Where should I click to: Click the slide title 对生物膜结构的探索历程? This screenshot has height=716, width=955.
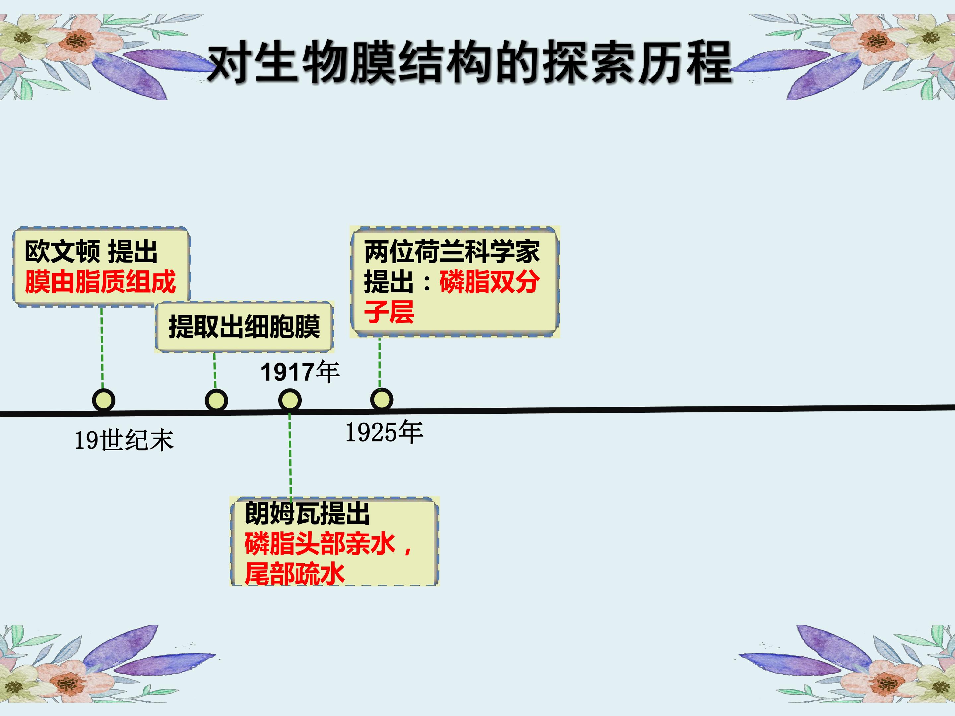click(x=470, y=63)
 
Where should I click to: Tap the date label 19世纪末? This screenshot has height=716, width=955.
click(x=124, y=441)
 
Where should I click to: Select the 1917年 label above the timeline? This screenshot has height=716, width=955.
click(x=300, y=372)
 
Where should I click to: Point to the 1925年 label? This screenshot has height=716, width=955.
click(x=384, y=432)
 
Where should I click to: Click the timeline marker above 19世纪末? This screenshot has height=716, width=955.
click(x=103, y=400)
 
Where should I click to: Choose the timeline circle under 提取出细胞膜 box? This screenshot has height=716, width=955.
click(x=216, y=400)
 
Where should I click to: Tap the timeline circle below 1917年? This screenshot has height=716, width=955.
click(x=290, y=400)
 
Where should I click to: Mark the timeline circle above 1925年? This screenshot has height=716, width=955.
click(x=382, y=399)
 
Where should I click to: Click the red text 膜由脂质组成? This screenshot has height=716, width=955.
click(x=100, y=282)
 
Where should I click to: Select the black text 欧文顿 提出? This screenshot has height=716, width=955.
click(x=91, y=252)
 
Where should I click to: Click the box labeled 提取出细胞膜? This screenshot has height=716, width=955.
click(x=244, y=327)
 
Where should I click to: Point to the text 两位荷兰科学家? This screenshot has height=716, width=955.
click(x=452, y=252)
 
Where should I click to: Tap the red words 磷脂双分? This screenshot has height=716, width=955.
click(x=489, y=282)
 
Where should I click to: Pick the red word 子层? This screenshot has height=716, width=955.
click(x=389, y=312)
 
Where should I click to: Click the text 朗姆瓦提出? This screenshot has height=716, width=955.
click(x=307, y=513)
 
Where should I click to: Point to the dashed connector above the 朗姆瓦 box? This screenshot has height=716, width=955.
click(x=290, y=456)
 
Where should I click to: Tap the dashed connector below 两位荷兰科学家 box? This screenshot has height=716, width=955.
click(x=380, y=363)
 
